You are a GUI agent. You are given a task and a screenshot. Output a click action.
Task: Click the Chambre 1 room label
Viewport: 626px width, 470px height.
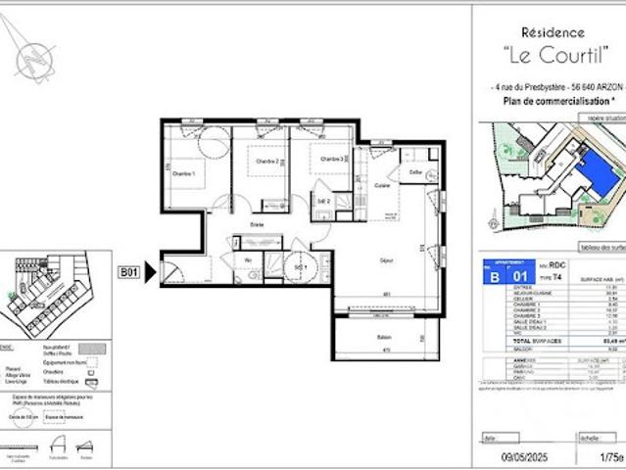pyautogui.click(x=184, y=173)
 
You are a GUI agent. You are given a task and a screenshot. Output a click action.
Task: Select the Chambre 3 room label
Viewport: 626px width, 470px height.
pyautogui.click(x=328, y=158)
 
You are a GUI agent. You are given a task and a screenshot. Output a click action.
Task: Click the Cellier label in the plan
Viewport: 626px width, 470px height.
pyautogui.click(x=416, y=173)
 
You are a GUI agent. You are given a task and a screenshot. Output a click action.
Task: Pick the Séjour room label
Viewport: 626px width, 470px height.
pyautogui.click(x=387, y=258)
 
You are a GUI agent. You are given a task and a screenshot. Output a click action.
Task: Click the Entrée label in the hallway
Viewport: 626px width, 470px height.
pyautogui.click(x=258, y=225)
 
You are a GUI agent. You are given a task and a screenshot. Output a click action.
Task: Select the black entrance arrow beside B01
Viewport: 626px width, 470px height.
pyautogui.click(x=150, y=271)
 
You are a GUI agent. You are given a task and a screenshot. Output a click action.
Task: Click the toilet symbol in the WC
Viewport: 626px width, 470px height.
pyautogui.click(x=255, y=275)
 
